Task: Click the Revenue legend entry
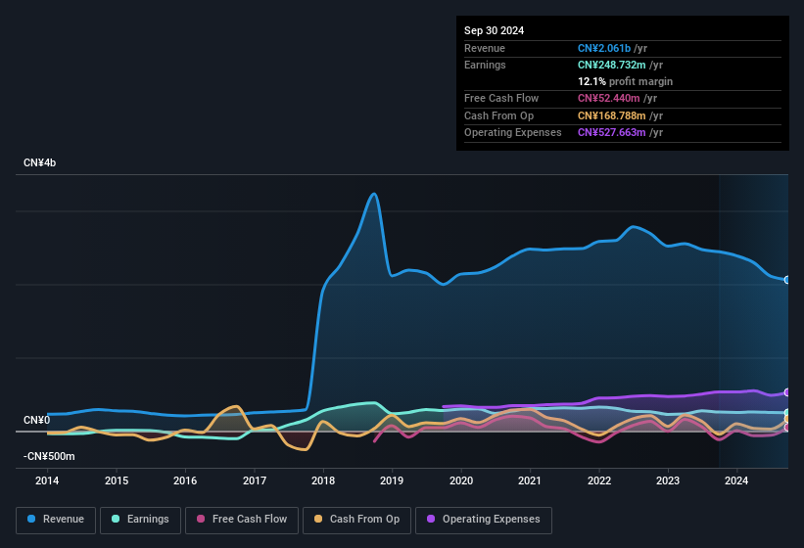(x=56, y=520)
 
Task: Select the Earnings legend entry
(x=141, y=520)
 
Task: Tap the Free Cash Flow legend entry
(x=242, y=520)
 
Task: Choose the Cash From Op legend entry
(x=356, y=520)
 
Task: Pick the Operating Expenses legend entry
(x=484, y=520)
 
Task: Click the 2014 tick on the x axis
(x=47, y=480)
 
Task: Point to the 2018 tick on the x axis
(x=323, y=480)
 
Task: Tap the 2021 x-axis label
(x=530, y=480)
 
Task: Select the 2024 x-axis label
(x=736, y=480)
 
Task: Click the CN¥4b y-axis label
(x=40, y=162)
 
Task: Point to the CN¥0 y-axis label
(x=36, y=420)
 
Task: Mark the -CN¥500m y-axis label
(x=49, y=456)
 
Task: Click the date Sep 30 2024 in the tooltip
(x=494, y=30)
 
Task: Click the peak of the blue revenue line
(x=373, y=194)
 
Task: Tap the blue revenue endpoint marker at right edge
(x=787, y=280)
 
